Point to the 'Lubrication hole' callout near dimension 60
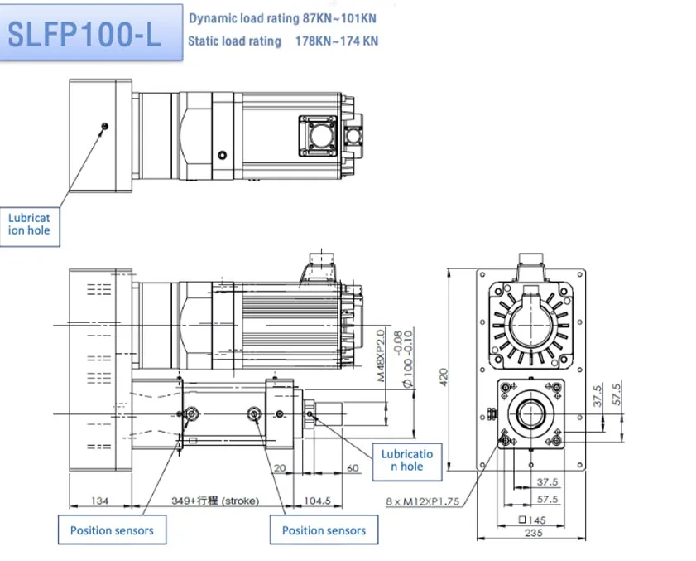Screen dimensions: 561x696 click(x=407, y=460)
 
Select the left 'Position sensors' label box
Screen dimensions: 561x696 click(x=112, y=530)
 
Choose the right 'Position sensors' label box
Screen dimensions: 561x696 click(x=324, y=530)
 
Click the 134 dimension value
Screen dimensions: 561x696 click(x=99, y=501)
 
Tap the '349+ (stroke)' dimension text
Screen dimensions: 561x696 click(x=214, y=501)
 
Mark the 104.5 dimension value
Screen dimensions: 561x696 click(x=317, y=501)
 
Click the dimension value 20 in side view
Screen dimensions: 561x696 click(x=280, y=468)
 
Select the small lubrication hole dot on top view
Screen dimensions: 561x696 click(x=104, y=126)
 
